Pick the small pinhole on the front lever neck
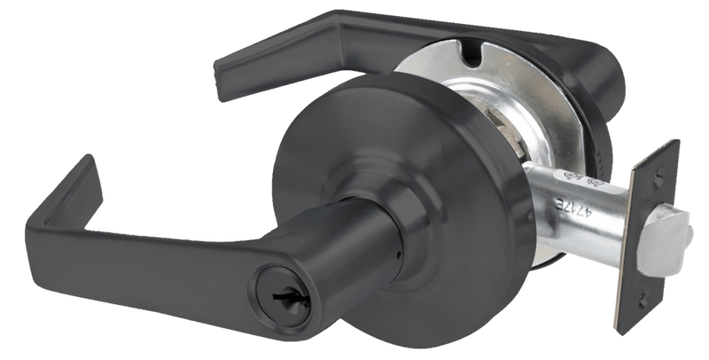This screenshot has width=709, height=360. click(x=396, y=257)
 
